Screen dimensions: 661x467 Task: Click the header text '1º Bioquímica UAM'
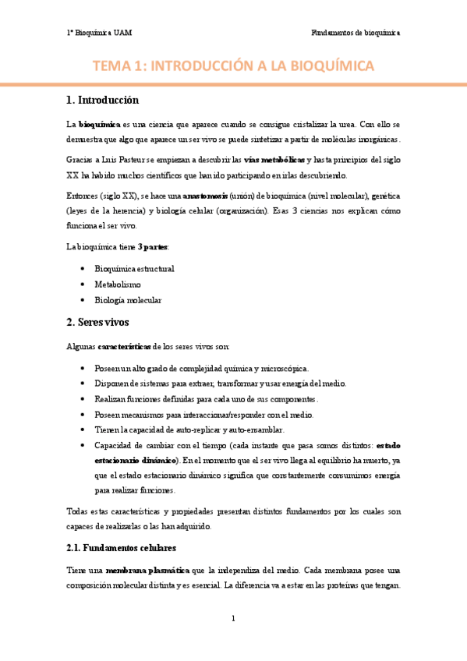tap(99, 34)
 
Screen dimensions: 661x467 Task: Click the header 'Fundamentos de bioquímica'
tap(355, 34)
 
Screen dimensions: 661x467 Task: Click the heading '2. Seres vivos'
tap(97, 322)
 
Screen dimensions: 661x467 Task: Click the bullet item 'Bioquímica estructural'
tap(134, 268)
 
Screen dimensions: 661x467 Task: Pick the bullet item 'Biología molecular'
tap(128, 299)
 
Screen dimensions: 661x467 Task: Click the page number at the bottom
tap(233, 620)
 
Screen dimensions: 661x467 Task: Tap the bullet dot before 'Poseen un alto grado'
tap(83, 368)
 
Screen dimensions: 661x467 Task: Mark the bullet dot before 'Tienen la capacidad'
tap(83, 429)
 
